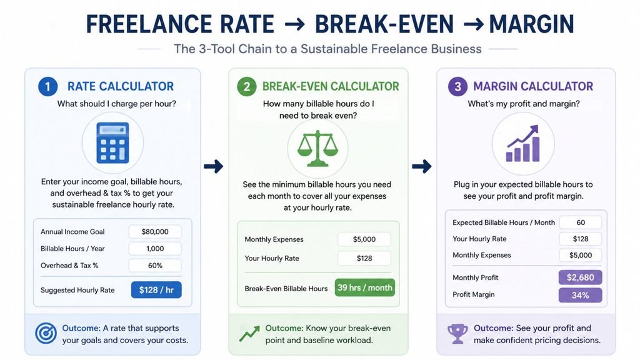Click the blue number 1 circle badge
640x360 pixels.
pyautogui.click(x=47, y=86)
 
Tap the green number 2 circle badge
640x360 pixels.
pyautogui.click(x=246, y=86)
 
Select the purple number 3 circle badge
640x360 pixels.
pyautogui.click(x=457, y=86)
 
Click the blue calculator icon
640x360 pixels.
pyautogui.click(x=112, y=143)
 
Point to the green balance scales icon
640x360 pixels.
pyautogui.click(x=317, y=148)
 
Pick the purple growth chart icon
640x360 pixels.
pyautogui.click(x=523, y=143)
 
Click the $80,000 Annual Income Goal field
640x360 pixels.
pyautogui.click(x=155, y=232)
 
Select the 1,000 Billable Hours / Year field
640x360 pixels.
pyautogui.click(x=155, y=249)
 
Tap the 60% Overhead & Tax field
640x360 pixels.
pyautogui.click(x=155, y=265)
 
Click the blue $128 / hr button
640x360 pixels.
pyautogui.click(x=156, y=290)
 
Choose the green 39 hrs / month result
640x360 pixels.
pyautogui.click(x=365, y=287)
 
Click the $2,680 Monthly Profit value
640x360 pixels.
pyautogui.click(x=581, y=277)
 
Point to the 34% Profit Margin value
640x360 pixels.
pyautogui.click(x=581, y=295)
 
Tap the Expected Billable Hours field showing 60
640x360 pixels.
pyautogui.click(x=581, y=222)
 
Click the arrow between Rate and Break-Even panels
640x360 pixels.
pyautogui.click(x=214, y=166)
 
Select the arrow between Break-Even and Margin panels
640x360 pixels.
pyautogui.click(x=422, y=166)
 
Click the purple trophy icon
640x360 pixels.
pyautogui.click(x=457, y=334)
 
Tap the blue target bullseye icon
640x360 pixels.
pyautogui.click(x=46, y=333)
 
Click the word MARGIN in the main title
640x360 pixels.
pyautogui.click(x=531, y=24)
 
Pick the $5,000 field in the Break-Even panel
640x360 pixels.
pyautogui.click(x=364, y=239)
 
